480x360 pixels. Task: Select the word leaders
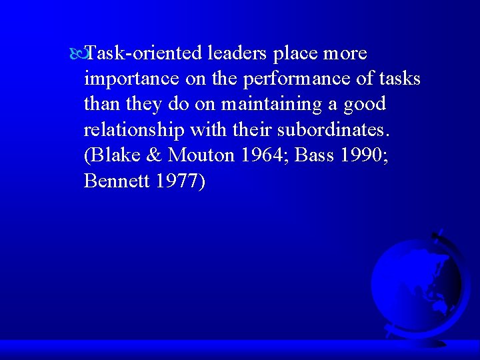pyautogui.click(x=237, y=53)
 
